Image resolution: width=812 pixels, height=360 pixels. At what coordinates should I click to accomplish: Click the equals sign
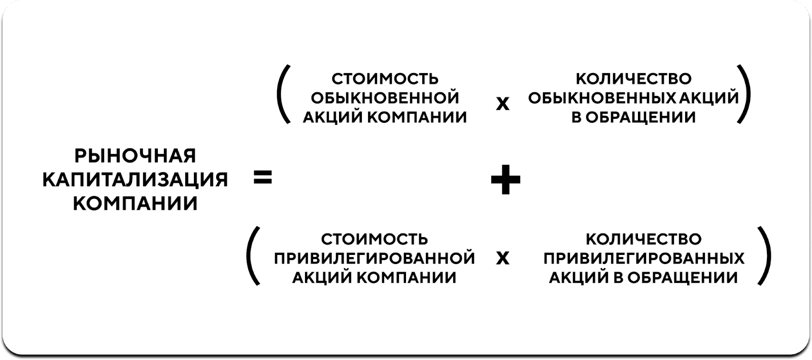262,178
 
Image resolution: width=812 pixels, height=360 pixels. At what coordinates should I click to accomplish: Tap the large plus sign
505,179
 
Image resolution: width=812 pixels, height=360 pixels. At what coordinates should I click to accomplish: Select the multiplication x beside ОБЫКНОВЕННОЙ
502,104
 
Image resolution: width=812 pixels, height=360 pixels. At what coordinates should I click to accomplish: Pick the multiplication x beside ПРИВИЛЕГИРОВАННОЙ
502,258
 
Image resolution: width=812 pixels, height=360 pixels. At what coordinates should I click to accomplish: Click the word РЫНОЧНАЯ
135,156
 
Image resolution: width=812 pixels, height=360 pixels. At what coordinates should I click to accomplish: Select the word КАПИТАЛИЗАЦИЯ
135,180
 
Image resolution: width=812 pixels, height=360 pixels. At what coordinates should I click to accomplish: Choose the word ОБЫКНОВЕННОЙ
385,98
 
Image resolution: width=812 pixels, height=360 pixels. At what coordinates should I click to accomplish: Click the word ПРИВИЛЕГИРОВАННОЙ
375,258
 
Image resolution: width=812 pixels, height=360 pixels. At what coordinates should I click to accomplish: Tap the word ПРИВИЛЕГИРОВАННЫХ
644,258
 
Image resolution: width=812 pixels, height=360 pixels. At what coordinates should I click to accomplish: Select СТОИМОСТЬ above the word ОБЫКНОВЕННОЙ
385,79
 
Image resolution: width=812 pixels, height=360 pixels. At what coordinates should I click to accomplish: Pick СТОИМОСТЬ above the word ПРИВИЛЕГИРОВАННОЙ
375,239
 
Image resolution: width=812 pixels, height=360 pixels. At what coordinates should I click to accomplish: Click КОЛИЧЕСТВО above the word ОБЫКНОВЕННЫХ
634,79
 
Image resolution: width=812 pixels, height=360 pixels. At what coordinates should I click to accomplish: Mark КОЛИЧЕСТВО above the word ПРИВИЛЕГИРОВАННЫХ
644,239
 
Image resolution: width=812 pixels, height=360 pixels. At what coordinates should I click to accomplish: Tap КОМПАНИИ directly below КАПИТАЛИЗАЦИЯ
135,204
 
